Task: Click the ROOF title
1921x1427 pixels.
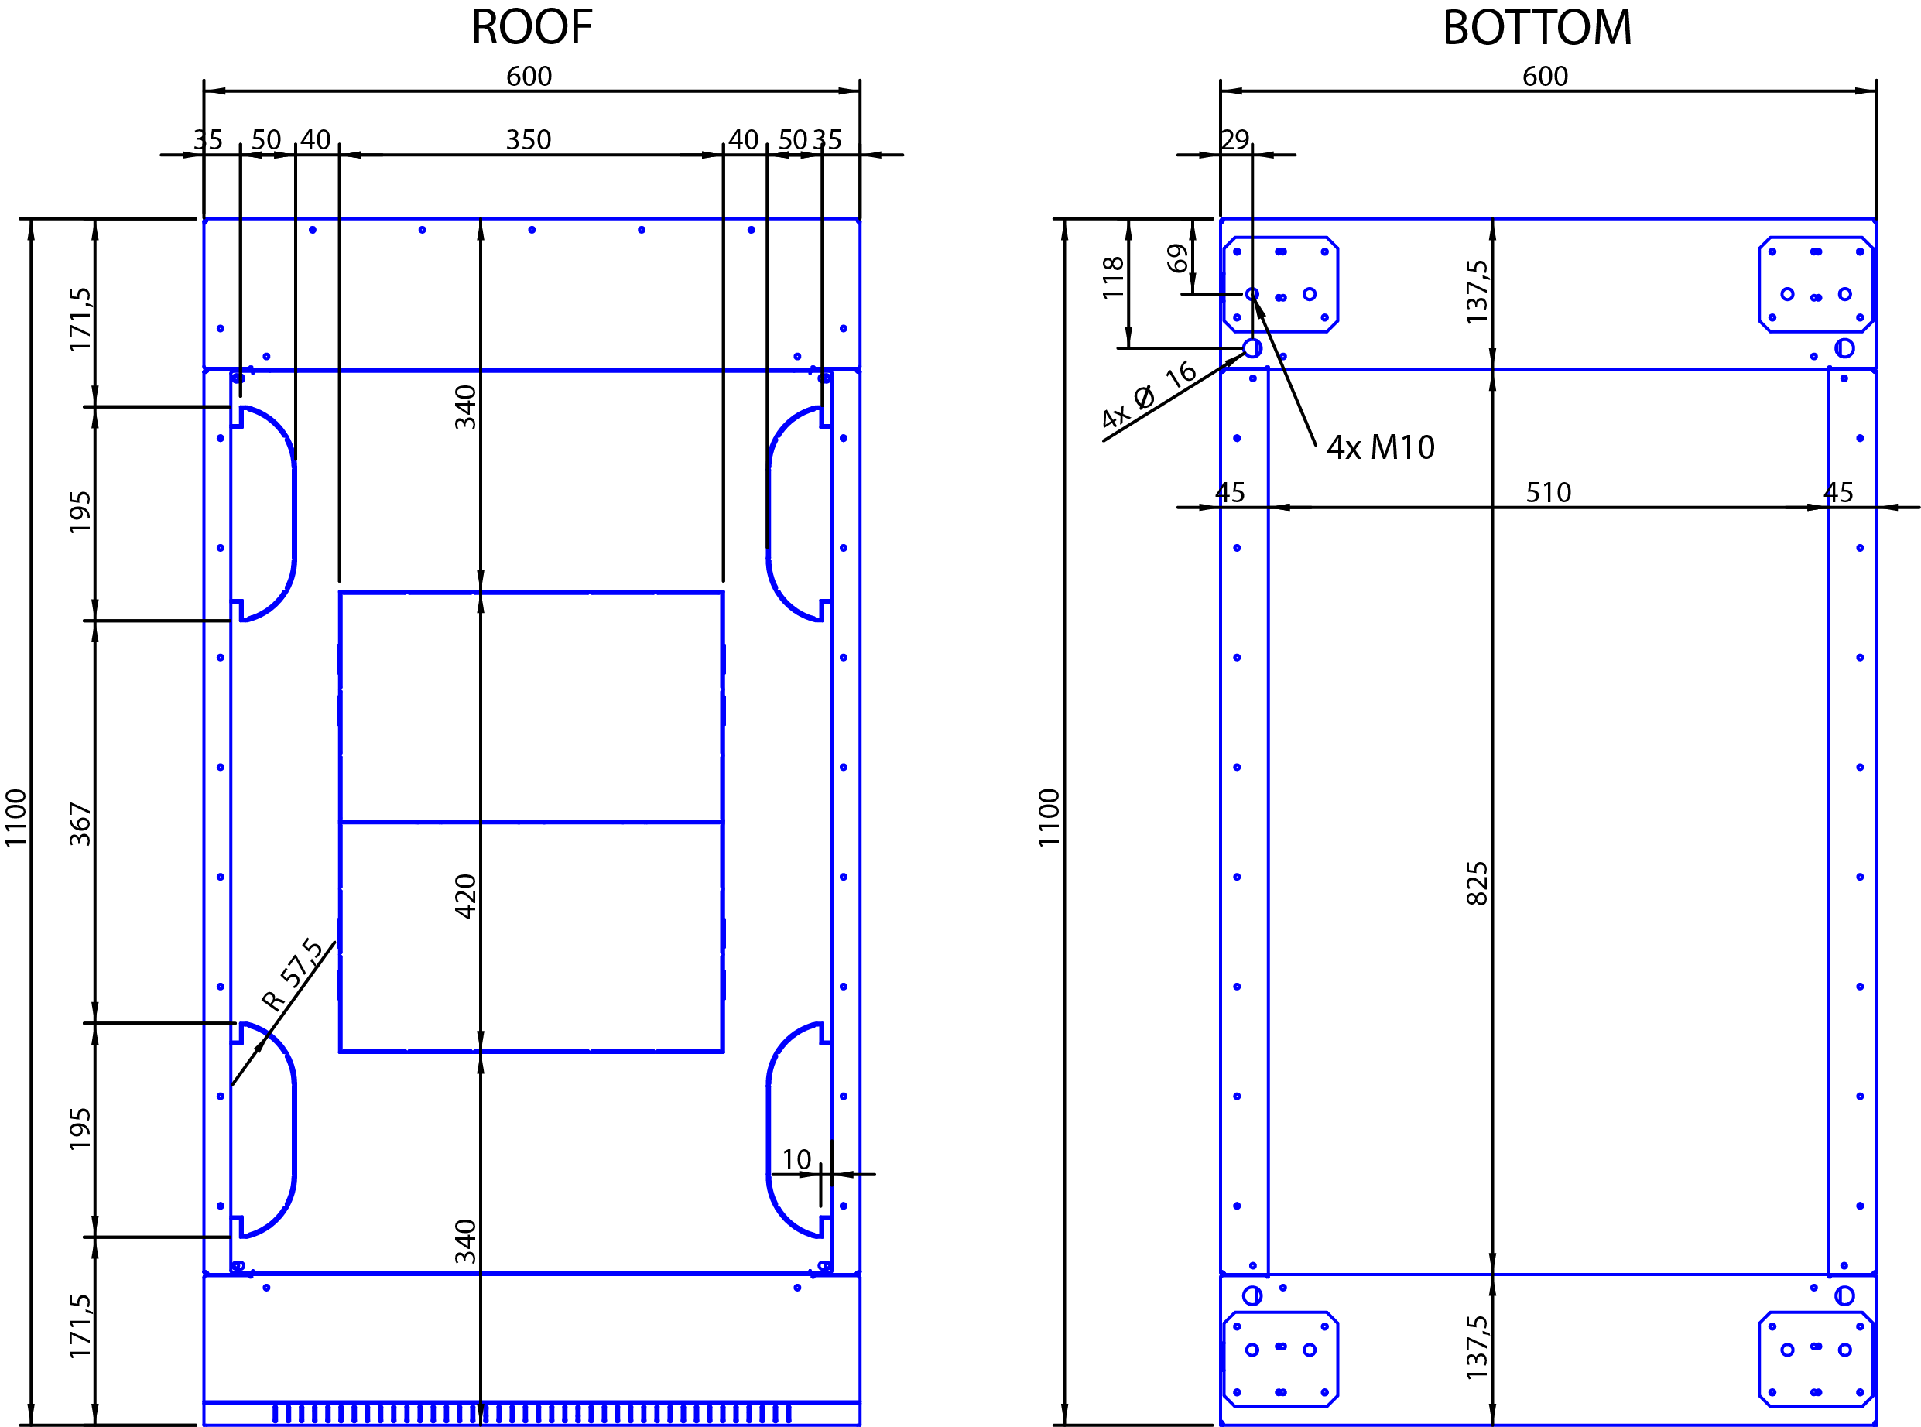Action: (x=531, y=28)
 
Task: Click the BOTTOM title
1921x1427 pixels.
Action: (x=1536, y=28)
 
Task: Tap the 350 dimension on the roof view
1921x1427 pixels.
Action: (x=528, y=140)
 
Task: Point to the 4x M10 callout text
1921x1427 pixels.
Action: (x=1380, y=447)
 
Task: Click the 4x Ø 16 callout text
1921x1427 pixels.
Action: (x=1149, y=395)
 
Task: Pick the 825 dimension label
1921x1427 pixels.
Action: (x=1476, y=883)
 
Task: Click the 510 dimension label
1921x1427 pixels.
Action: (x=1548, y=492)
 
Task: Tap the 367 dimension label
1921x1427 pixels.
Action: (x=80, y=823)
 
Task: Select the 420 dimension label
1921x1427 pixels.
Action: (x=464, y=897)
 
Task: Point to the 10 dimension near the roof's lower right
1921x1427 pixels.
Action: (x=796, y=1160)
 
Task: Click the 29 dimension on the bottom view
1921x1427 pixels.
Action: (x=1234, y=139)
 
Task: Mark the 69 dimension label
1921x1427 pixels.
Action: (x=1176, y=258)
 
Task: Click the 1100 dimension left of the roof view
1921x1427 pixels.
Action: (x=15, y=818)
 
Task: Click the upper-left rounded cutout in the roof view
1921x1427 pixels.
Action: (x=293, y=513)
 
